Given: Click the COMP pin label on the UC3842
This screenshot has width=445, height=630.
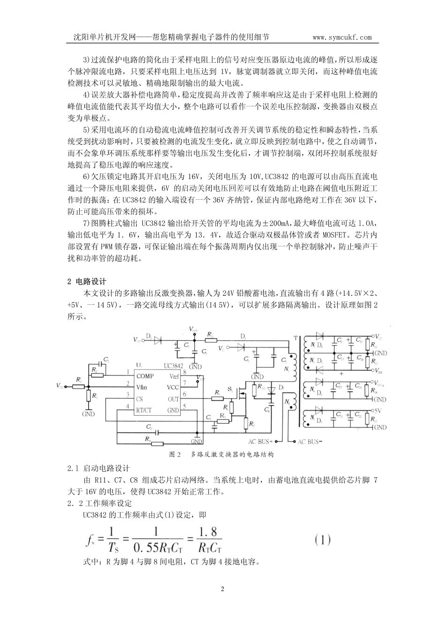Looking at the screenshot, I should click(x=145, y=375).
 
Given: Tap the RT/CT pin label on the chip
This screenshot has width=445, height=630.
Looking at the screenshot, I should click(x=146, y=410).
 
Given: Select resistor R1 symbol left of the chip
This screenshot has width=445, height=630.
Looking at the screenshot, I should click(x=79, y=386).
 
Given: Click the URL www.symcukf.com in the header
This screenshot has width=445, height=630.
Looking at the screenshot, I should click(x=342, y=37).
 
